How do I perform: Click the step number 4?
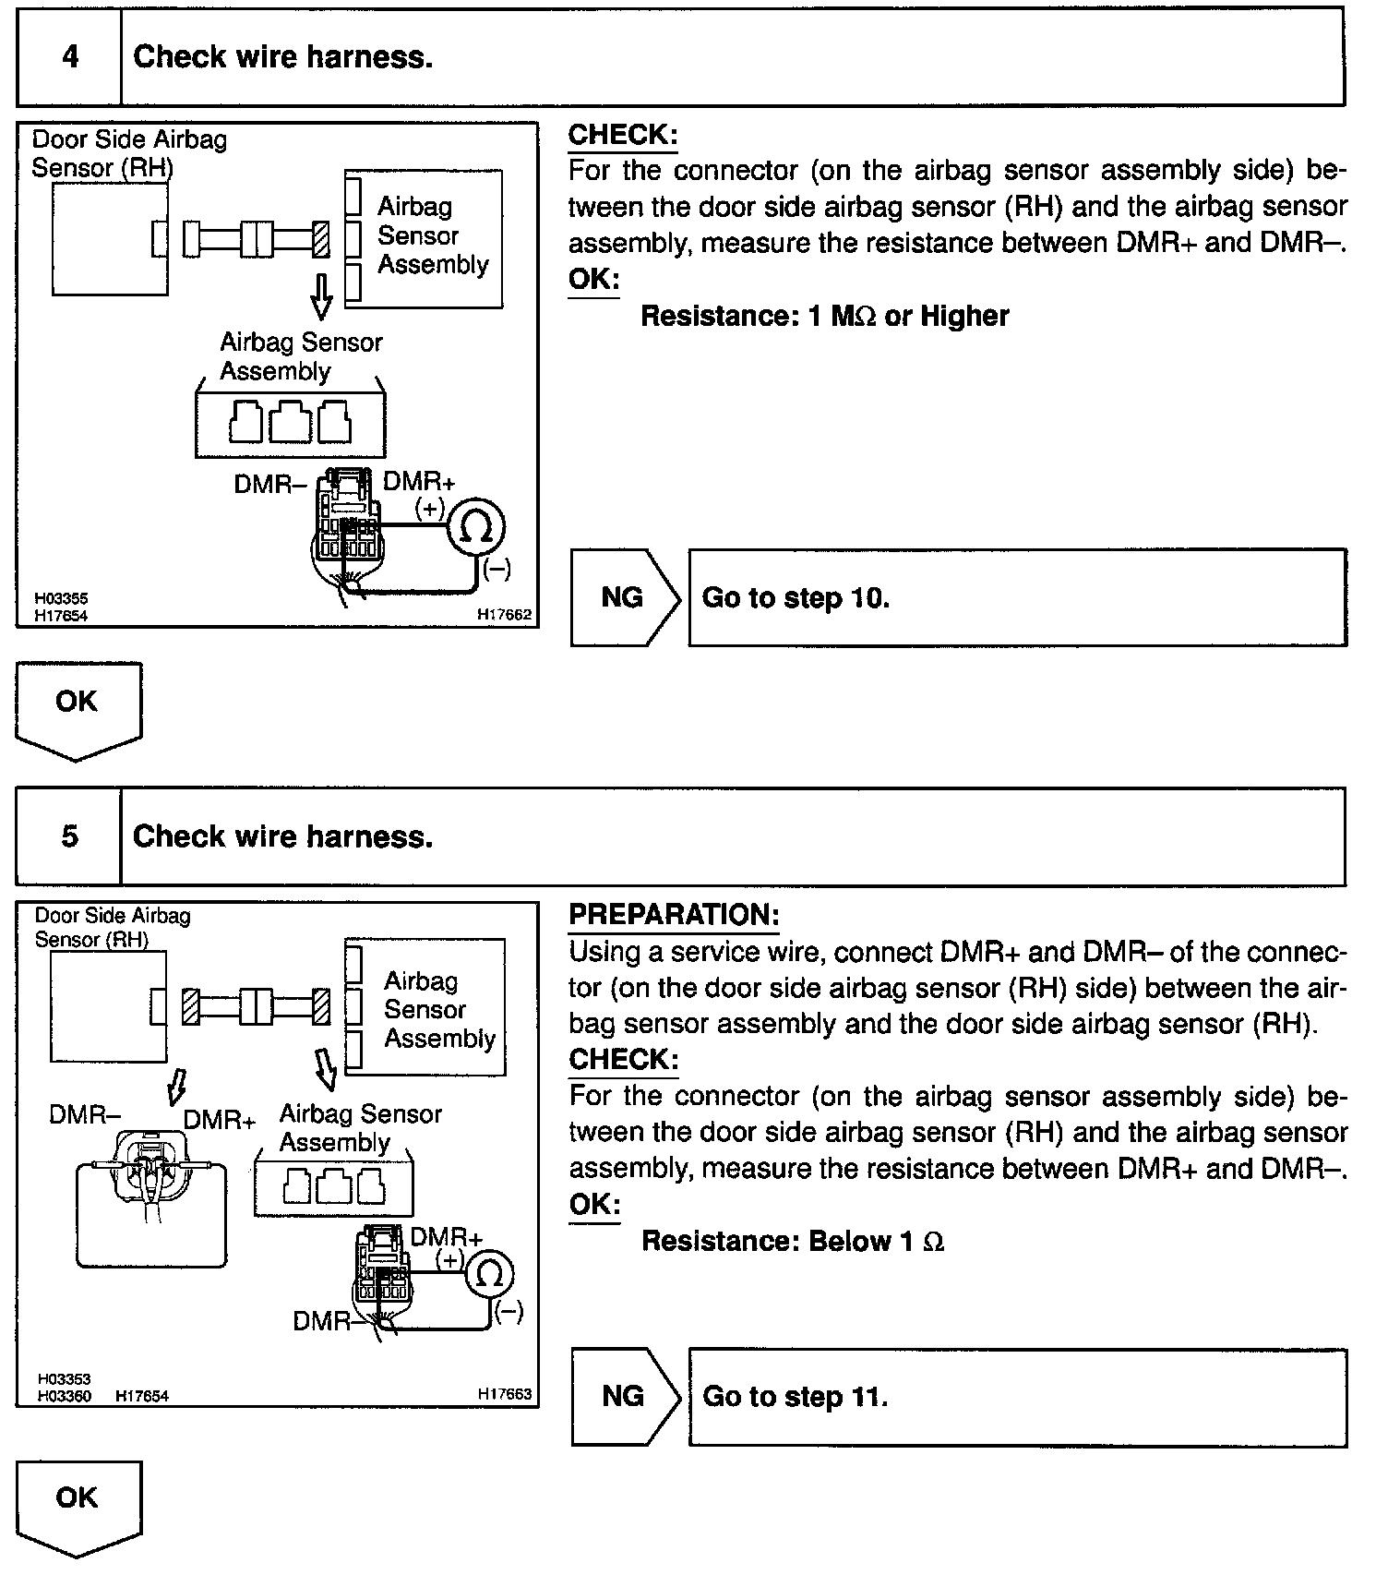pos(70,57)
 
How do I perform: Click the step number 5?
pos(70,836)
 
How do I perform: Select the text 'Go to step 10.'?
pos(796,598)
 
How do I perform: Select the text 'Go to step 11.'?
pos(795,1396)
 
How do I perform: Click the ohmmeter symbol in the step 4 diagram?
pos(476,528)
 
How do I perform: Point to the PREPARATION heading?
pos(674,915)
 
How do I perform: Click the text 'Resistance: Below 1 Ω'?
pos(793,1241)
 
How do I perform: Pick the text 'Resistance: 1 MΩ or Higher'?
pos(824,316)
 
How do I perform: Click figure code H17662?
pos(504,614)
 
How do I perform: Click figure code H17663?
pos(505,1394)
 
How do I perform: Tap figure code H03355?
pos(61,599)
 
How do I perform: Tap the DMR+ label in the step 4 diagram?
pos(418,481)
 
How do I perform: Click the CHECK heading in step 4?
pos(622,135)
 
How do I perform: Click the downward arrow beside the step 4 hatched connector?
pos(321,294)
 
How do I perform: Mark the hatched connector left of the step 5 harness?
pos(190,1005)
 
